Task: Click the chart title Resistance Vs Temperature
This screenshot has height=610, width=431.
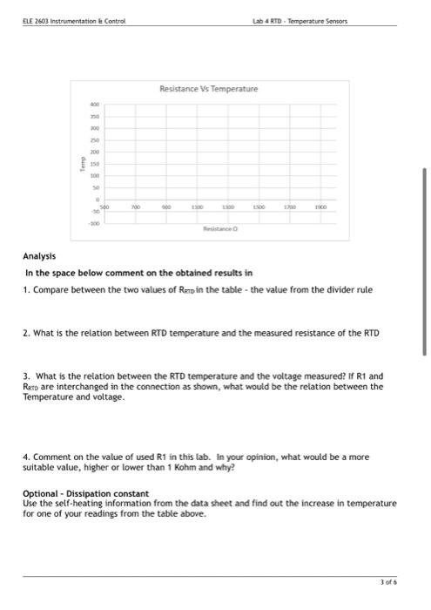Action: click(208, 89)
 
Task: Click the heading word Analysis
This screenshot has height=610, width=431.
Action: click(39, 256)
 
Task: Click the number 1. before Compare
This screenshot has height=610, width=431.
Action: click(26, 289)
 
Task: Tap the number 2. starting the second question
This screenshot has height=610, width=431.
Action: click(26, 333)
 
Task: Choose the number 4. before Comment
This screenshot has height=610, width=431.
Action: click(26, 456)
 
